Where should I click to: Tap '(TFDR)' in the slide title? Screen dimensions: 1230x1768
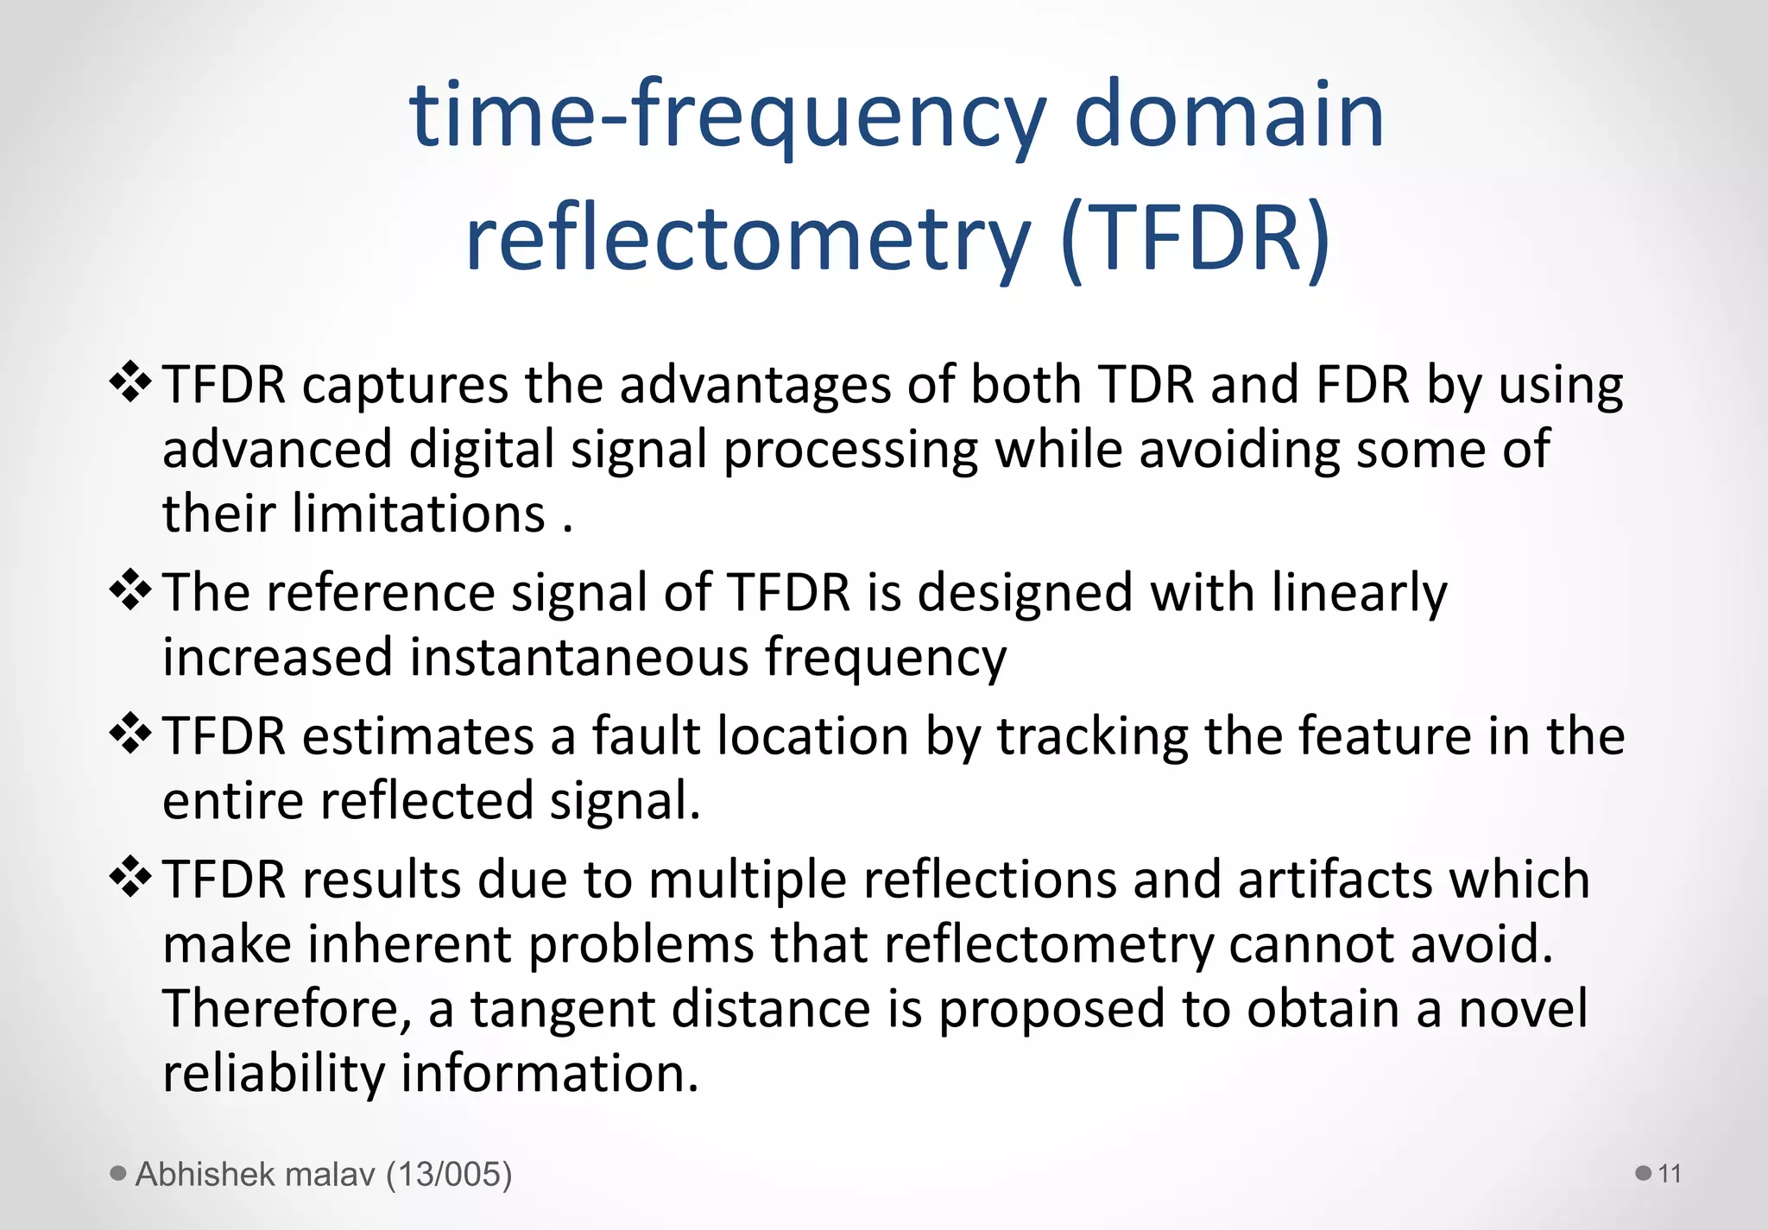[x=1196, y=237]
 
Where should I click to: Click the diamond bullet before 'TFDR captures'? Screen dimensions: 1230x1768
[x=130, y=382]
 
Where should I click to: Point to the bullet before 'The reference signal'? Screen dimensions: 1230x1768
[x=130, y=590]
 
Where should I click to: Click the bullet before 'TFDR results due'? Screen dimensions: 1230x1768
[x=130, y=878]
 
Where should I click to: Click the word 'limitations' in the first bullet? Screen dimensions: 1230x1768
[x=419, y=514]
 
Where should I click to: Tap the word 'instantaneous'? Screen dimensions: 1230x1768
[x=579, y=658]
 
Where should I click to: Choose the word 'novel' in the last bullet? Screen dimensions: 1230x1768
[x=1523, y=1009]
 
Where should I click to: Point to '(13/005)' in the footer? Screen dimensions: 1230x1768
[x=449, y=1175]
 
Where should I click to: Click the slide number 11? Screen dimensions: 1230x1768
[x=1670, y=1174]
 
